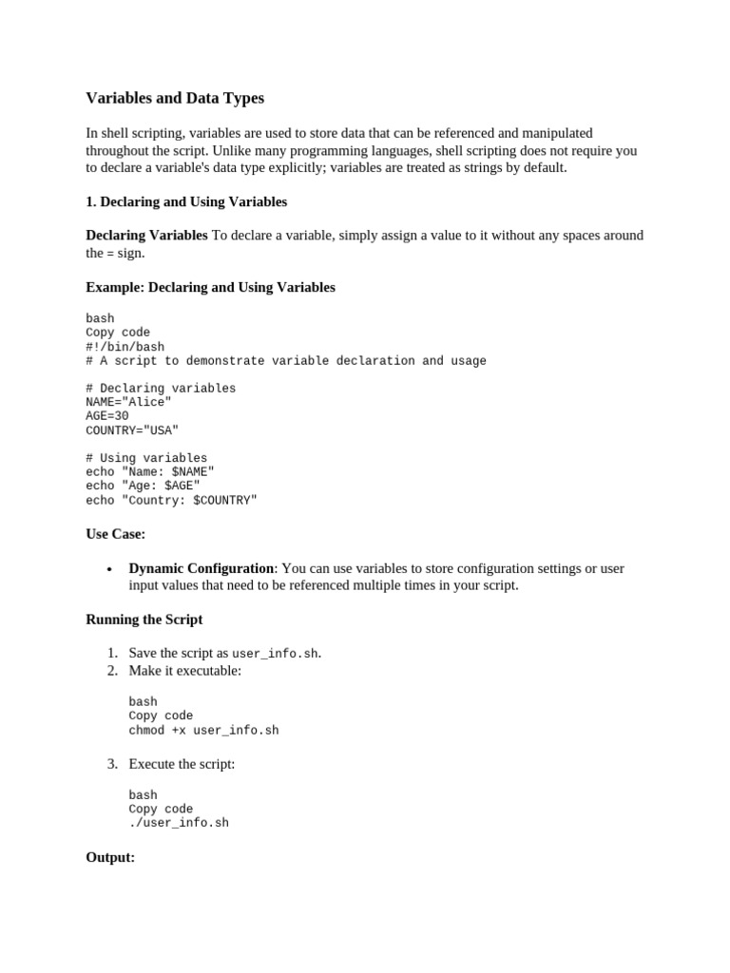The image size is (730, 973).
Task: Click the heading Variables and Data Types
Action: (175, 98)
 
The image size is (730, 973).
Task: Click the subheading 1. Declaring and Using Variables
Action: (186, 202)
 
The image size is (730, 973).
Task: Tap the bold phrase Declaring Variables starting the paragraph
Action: (146, 235)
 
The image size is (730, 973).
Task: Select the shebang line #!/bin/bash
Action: (125, 347)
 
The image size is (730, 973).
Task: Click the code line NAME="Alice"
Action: (128, 402)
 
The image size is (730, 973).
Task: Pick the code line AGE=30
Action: (106, 416)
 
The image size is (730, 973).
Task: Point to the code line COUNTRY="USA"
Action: (132, 430)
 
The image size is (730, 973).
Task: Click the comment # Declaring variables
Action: (161, 389)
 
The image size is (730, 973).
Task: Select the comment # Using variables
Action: (146, 458)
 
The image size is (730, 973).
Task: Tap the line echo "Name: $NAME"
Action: (150, 472)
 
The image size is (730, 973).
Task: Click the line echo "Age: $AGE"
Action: (143, 486)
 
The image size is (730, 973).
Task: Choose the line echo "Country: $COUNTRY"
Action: (171, 500)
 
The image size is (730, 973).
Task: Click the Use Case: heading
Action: (115, 534)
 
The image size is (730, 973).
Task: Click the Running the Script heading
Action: (144, 620)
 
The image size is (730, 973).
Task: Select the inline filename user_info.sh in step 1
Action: (275, 654)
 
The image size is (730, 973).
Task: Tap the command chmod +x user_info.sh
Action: (203, 731)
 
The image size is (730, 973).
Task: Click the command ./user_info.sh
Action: (179, 823)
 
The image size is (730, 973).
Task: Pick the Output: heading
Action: (110, 857)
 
